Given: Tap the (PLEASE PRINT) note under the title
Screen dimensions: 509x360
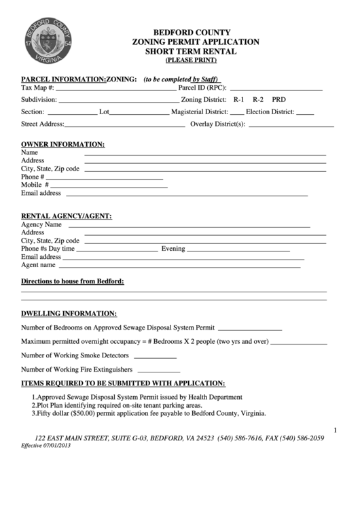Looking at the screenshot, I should click(x=195, y=59).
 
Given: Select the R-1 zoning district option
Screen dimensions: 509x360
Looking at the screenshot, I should click(x=239, y=99).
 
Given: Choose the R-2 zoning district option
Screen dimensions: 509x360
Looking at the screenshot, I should click(x=258, y=99).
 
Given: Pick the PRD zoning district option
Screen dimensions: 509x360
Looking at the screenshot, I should click(x=278, y=99).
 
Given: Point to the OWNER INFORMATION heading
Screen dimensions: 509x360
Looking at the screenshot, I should click(x=63, y=144).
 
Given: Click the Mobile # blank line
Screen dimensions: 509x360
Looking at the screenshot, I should click(x=109, y=186).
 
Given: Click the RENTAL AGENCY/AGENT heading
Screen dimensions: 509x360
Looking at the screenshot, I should click(x=67, y=216).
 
